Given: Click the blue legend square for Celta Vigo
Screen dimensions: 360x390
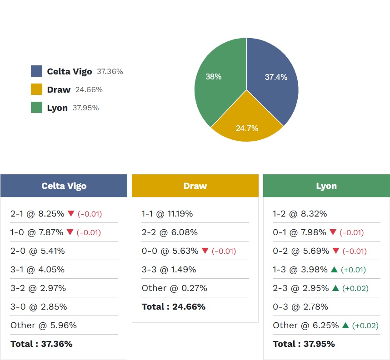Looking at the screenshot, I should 36,71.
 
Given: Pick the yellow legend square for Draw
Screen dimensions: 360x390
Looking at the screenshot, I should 36,89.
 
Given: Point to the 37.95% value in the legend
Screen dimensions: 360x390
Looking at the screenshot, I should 85,108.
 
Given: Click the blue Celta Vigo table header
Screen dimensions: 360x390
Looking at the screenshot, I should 64,186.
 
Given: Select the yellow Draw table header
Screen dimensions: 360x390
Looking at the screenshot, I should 195,186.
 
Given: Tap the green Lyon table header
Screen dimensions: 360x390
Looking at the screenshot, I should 326,186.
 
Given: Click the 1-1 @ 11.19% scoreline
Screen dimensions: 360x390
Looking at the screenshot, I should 167,214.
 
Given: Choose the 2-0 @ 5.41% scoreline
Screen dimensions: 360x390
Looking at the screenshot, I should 38,251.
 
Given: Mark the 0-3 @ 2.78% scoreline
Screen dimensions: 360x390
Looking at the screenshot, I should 300,307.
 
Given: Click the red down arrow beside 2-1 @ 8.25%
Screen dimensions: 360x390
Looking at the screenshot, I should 70,213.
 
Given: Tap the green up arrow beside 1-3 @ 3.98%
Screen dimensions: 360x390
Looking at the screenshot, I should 334,270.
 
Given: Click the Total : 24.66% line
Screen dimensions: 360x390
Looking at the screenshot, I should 173,307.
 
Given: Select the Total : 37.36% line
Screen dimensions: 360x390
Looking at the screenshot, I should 41,344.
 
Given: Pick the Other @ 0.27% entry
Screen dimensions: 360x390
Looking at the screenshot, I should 174,288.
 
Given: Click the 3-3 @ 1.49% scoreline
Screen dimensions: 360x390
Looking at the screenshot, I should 169,270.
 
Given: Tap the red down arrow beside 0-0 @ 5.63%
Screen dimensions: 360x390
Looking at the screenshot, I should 205,251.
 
